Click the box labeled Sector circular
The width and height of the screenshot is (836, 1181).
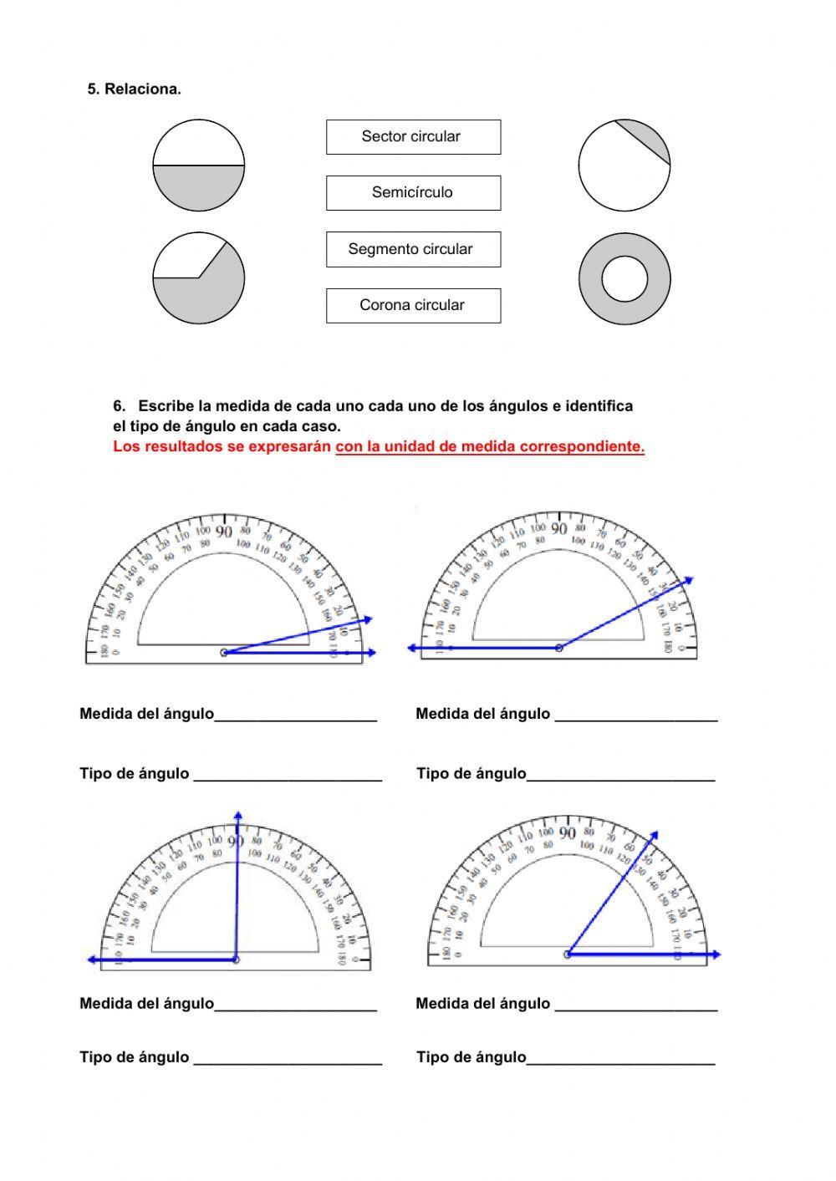pos(413,137)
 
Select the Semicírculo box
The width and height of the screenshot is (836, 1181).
pos(413,193)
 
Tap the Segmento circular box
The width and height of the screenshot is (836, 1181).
pos(413,249)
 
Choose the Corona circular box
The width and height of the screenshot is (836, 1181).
pos(413,305)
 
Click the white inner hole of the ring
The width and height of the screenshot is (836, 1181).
pos(624,278)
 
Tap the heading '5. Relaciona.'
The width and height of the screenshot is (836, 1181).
pos(135,89)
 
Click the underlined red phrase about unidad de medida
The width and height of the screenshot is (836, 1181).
pos(490,446)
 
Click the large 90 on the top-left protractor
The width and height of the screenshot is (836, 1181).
pos(224,532)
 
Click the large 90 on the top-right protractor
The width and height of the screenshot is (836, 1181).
pos(559,528)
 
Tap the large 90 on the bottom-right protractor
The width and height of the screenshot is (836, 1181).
pos(568,833)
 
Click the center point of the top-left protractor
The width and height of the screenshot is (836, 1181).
pos(224,652)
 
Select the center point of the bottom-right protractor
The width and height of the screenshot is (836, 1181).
pos(568,954)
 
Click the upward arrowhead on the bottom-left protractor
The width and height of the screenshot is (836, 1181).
pos(238,816)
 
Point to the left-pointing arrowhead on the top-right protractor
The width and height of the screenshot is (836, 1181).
pos(413,648)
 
